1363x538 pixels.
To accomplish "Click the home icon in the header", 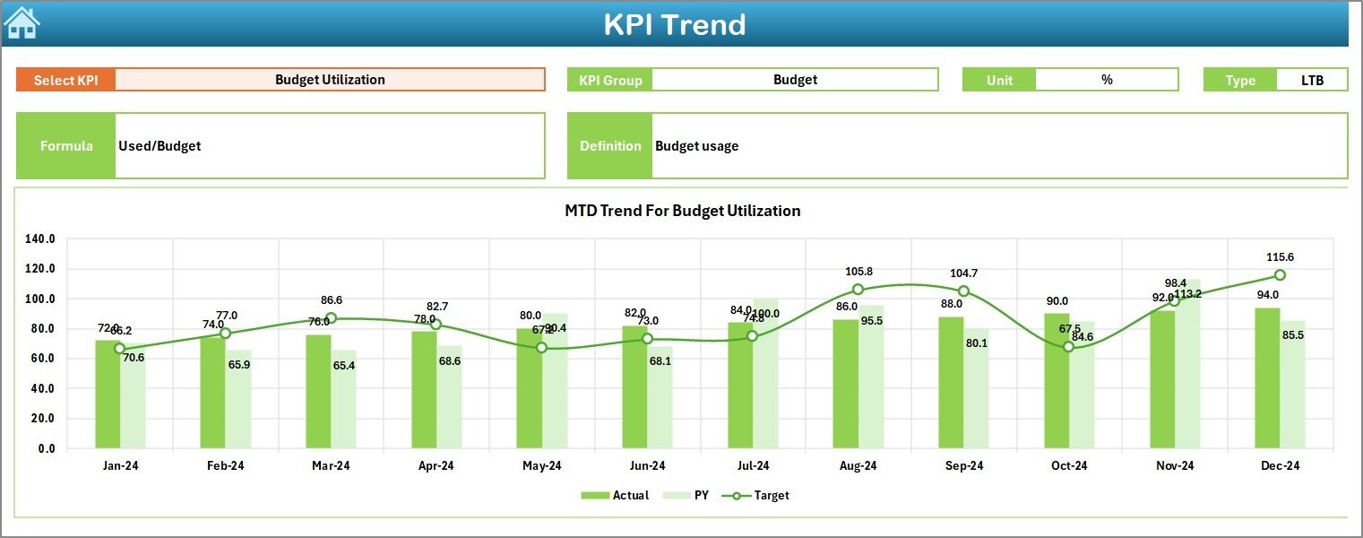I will point(22,23).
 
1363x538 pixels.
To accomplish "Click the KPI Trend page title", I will point(674,24).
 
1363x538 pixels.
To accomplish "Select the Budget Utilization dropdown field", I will point(330,80).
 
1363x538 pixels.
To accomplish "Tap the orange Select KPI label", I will point(65,80).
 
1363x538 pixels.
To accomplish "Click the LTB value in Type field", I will point(1312,80).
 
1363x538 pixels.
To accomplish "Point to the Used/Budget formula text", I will point(160,145).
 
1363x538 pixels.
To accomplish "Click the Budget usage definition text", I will point(696,145).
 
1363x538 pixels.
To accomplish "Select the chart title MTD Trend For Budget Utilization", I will point(682,211).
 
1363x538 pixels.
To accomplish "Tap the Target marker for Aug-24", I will point(858,290).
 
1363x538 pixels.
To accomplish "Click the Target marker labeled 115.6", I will point(1280,275).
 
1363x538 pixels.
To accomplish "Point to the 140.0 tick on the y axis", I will point(40,239).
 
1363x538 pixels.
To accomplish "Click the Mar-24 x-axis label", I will point(331,465).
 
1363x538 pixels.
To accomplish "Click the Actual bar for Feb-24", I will point(213,393).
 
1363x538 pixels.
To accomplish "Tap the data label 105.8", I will point(858,272).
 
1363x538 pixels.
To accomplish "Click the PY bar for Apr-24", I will point(449,396).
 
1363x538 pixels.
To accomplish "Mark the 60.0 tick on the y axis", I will point(40,359).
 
